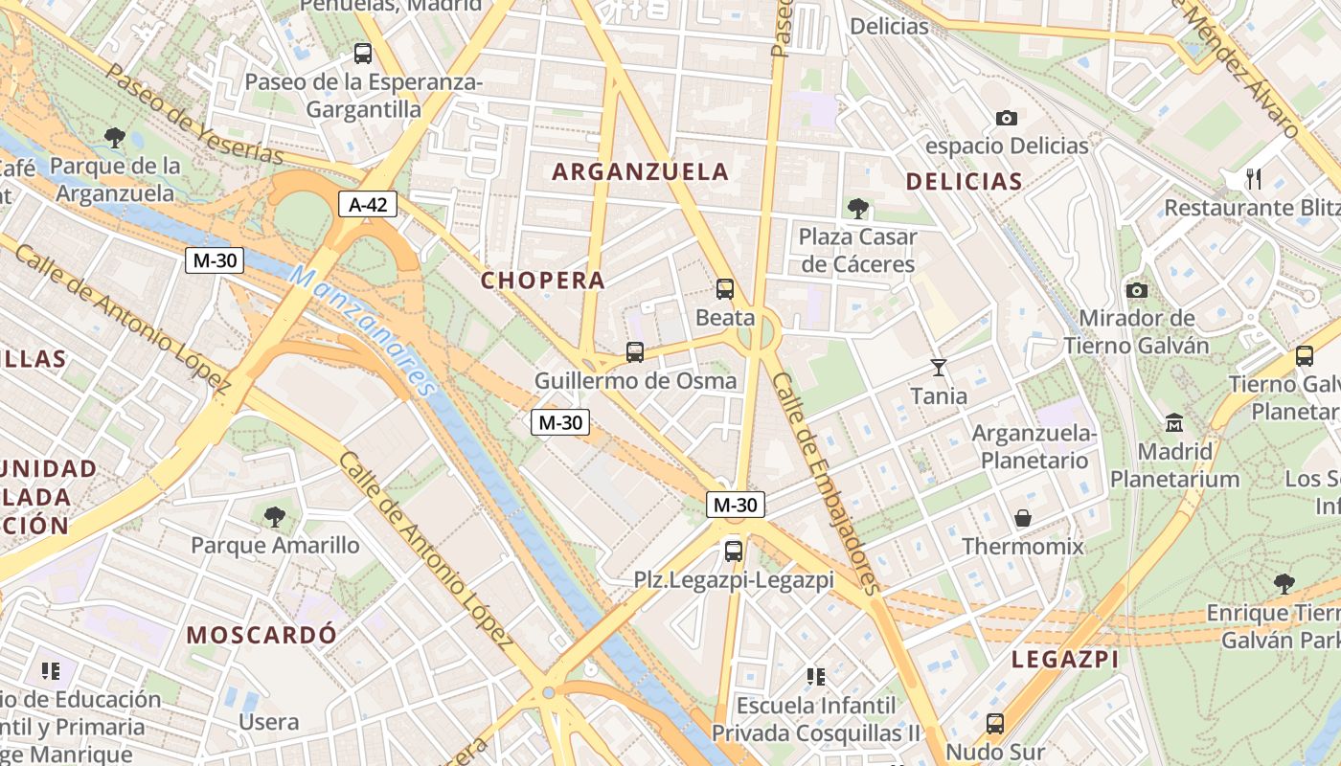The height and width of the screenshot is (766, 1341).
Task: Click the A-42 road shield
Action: pyautogui.click(x=367, y=204)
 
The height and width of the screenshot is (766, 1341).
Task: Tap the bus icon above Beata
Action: pyautogui.click(x=725, y=288)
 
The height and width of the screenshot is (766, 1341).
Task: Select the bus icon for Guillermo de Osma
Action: pyautogui.click(x=634, y=351)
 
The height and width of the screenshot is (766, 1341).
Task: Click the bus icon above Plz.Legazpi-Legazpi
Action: pyautogui.click(x=734, y=551)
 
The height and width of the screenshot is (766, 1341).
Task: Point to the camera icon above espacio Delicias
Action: pyautogui.click(x=1006, y=118)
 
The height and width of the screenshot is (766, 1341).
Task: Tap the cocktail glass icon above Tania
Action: pyautogui.click(x=938, y=367)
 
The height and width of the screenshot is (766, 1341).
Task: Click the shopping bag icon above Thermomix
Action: pyautogui.click(x=1023, y=518)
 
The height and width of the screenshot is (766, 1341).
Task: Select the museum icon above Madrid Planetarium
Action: pyautogui.click(x=1174, y=421)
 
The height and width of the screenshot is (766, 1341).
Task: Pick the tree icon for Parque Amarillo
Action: pyautogui.click(x=274, y=517)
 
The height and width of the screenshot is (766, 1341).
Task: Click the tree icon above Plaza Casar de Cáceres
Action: pyautogui.click(x=857, y=208)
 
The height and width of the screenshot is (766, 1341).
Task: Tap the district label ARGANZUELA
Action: pyautogui.click(x=641, y=172)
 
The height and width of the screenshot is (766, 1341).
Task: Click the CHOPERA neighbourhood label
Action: pyautogui.click(x=543, y=281)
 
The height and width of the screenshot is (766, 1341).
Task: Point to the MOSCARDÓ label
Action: pyautogui.click(x=261, y=635)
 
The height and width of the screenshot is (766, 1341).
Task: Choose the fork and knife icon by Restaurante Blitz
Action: pyautogui.click(x=1254, y=178)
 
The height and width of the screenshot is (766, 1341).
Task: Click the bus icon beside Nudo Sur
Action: pyautogui.click(x=995, y=724)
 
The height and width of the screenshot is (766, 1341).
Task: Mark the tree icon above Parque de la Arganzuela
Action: pyautogui.click(x=115, y=138)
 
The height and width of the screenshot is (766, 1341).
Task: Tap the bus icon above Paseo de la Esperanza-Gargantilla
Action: pyautogui.click(x=362, y=54)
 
